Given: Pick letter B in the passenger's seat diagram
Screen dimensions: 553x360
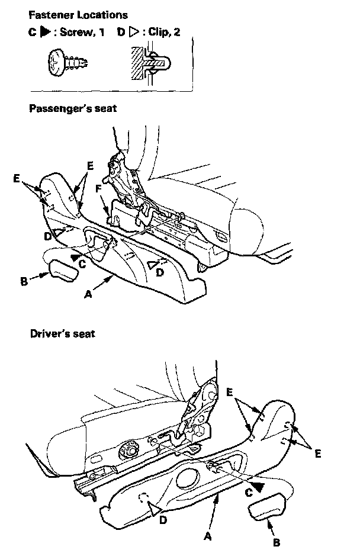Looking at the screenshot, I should tap(24, 282).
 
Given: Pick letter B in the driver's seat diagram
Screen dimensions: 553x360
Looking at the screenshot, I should tap(277, 541).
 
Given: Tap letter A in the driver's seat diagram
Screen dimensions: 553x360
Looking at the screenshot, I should tap(207, 536).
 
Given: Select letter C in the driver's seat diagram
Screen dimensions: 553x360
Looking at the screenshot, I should tap(249, 491).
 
